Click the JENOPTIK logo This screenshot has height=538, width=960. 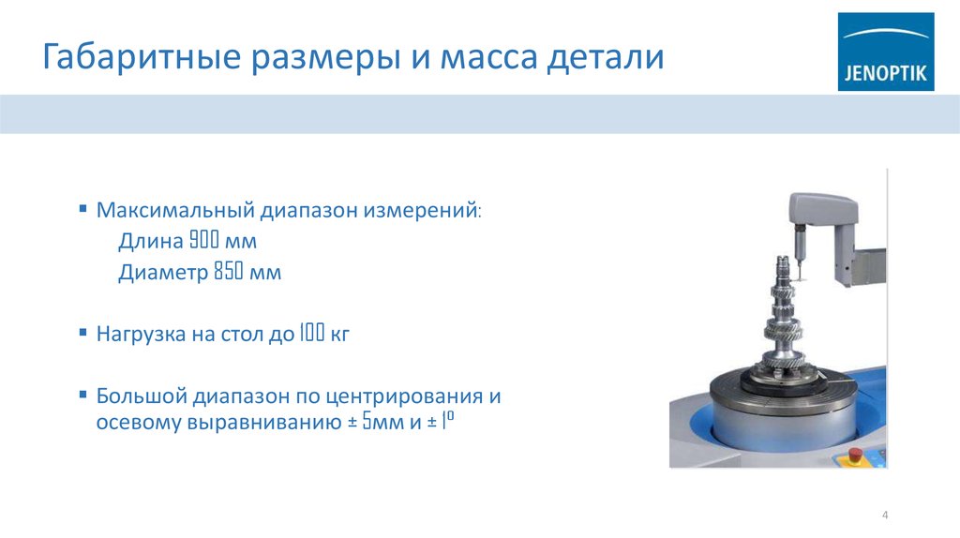point(885,52)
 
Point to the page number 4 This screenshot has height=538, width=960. point(884,516)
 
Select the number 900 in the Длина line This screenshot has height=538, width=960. point(203,242)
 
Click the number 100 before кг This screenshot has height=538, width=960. point(311,334)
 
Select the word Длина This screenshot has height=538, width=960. point(150,242)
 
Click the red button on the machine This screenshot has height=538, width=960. point(854,456)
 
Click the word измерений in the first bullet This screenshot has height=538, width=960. point(429,210)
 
